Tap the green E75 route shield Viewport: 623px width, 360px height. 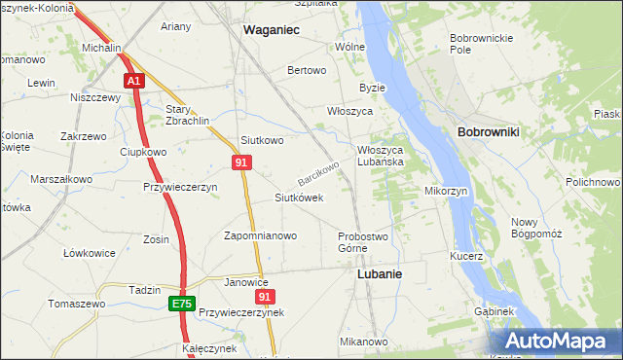[181, 305]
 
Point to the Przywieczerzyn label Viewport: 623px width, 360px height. [179, 187]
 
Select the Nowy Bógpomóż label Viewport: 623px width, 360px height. [537, 228]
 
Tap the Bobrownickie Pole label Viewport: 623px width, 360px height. [474, 43]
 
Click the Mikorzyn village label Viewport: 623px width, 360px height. [446, 191]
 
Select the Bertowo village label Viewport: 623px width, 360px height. [307, 71]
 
